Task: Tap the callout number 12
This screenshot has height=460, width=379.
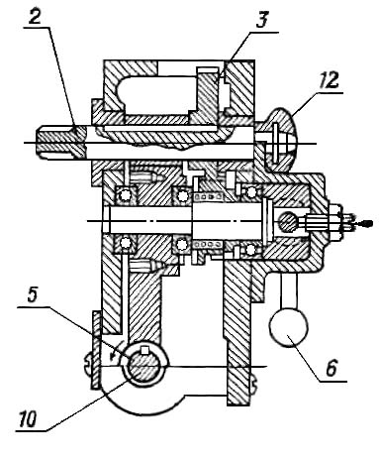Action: click(x=328, y=80)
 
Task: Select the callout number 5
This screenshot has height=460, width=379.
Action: click(x=32, y=295)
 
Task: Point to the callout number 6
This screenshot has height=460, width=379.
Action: click(x=332, y=368)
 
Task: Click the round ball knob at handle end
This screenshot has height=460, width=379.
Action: click(x=289, y=327)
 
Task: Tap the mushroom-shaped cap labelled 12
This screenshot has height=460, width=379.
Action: click(x=280, y=139)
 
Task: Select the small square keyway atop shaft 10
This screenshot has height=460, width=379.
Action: click(x=144, y=350)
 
